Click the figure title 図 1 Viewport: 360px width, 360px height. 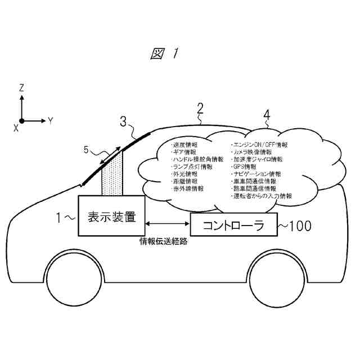point(164,54)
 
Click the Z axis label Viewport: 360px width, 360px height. point(21,88)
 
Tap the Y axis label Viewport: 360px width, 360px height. point(50,120)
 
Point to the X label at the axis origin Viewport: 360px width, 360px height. point(16,128)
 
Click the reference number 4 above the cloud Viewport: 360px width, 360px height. point(267,115)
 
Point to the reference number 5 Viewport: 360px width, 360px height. point(86,150)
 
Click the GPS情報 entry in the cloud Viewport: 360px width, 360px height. point(244,167)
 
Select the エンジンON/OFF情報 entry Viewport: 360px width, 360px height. point(259,145)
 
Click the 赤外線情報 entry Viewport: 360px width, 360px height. point(188,189)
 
